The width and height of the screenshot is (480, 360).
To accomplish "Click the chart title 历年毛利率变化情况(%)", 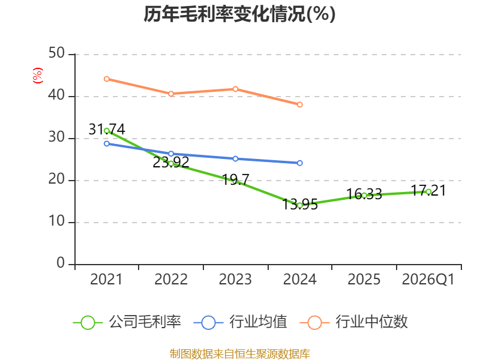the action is coord(239,14).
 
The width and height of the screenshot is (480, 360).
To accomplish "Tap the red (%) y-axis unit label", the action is coord(38,76).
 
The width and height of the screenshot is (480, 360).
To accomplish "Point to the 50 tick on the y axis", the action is coord(56,53).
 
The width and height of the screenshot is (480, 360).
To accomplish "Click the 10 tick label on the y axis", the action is coord(56,221).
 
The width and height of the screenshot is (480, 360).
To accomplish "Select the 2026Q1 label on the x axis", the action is coord(428,279).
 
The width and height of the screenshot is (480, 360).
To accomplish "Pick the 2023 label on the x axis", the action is coord(235,279).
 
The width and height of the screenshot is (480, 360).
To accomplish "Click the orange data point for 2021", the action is coord(107,79).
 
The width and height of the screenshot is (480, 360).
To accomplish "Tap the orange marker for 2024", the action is coord(299,104).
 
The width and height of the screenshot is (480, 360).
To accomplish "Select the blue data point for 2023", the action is coord(235,159).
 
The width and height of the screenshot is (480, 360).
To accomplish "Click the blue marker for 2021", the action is coord(107,143).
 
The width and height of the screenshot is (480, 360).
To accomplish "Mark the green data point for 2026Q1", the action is coord(428,192).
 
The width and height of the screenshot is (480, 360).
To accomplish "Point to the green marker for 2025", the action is coord(364,196).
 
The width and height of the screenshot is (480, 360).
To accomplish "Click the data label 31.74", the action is coord(107,129).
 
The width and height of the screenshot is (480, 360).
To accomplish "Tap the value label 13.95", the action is coord(299,205).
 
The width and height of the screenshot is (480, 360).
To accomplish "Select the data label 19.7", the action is coord(235,179).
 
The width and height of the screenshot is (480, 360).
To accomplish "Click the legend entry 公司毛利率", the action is coord(127,322).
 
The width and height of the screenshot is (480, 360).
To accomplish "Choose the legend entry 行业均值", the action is coord(241,322).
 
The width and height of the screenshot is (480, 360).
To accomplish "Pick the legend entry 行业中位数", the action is coord(353,322).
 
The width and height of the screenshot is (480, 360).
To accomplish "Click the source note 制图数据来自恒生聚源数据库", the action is coord(239,354).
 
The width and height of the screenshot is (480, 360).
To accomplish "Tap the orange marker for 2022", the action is coord(171,94).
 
